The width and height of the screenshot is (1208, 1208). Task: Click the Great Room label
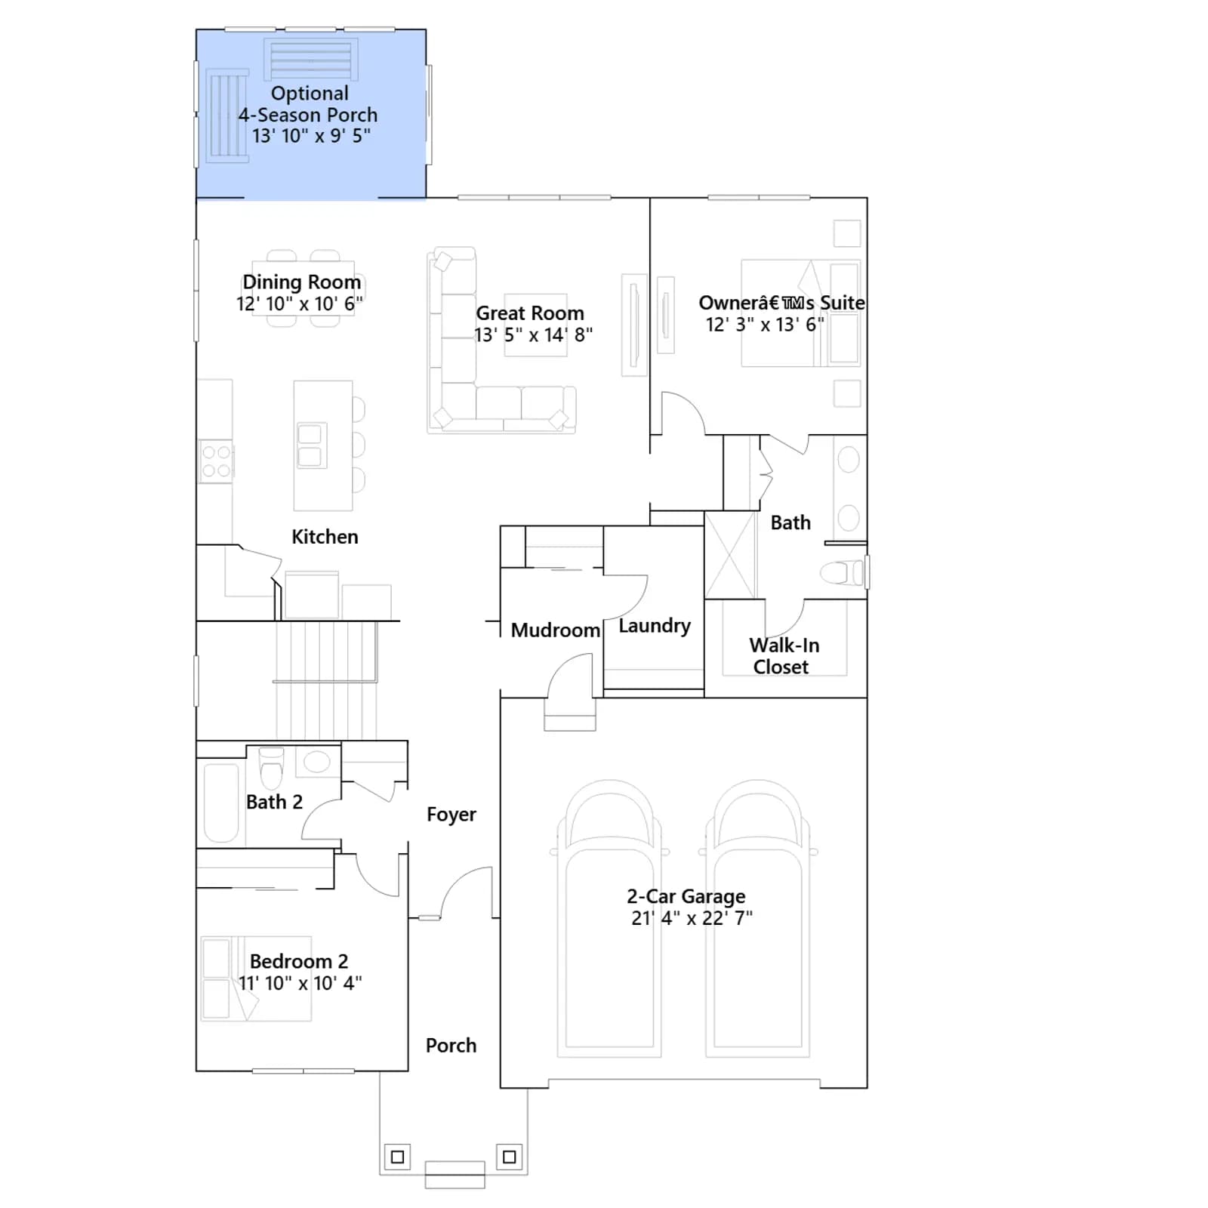point(530,313)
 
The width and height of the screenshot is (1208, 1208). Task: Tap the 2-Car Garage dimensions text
point(692,918)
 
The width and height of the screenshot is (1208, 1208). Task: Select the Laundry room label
point(655,626)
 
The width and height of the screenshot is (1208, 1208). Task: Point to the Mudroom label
point(556,630)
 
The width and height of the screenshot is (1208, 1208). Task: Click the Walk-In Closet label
point(784,656)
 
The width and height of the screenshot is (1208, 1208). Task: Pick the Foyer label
point(451,814)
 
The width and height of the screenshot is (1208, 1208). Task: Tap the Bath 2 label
point(274,802)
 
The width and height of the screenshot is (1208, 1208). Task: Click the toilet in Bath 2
point(271,767)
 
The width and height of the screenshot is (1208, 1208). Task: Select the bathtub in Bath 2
point(221,803)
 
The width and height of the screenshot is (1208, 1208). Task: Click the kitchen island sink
point(310,445)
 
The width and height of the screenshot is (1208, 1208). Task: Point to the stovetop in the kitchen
point(217,461)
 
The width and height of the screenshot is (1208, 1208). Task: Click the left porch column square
point(398,1157)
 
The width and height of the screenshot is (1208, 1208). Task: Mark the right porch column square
point(510,1157)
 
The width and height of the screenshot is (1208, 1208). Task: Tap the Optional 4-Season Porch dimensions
point(311,136)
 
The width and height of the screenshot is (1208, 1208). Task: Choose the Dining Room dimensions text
point(300,304)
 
